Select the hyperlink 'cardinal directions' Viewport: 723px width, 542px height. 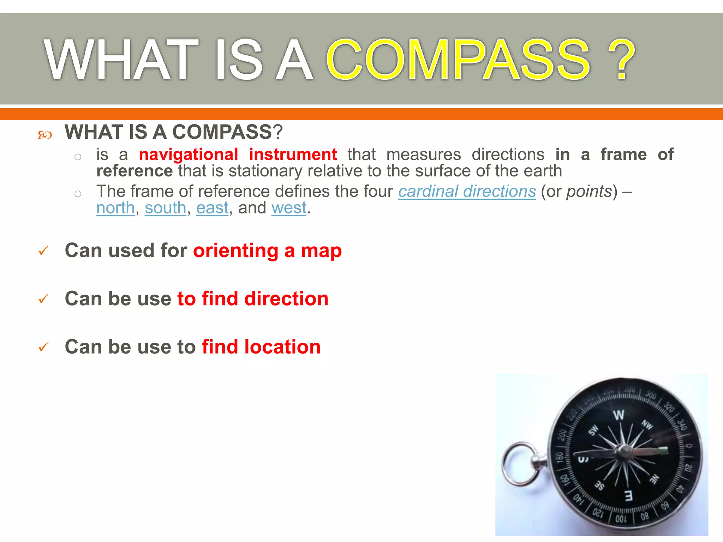(467, 192)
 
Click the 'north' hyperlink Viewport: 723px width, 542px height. (115, 208)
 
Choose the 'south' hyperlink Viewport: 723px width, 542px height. (165, 208)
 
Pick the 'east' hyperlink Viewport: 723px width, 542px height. (212, 208)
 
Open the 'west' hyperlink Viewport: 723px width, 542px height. (289, 208)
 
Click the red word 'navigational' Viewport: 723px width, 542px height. (189, 155)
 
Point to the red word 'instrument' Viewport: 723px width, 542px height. (293, 155)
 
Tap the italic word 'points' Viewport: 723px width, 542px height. (589, 192)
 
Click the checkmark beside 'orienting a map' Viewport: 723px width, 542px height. (43, 251)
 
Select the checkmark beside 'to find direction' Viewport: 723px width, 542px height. (43, 299)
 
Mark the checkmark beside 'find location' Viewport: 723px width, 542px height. (43, 347)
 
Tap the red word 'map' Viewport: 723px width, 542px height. (321, 251)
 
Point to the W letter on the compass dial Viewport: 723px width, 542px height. (619, 415)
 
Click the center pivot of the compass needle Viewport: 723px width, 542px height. (623, 451)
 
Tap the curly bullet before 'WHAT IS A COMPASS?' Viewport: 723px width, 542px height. (45, 135)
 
